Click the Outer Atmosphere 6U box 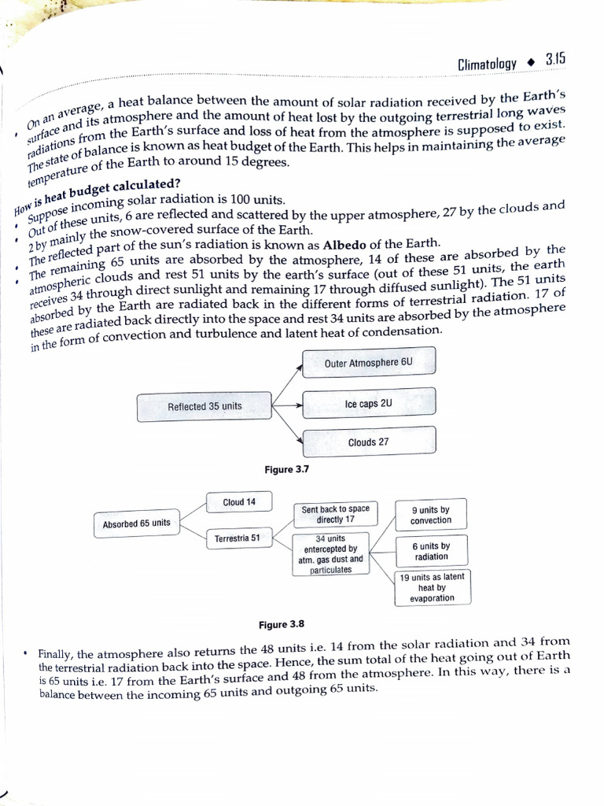pyautogui.click(x=368, y=363)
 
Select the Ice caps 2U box pyautogui.click(x=368, y=404)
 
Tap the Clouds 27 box pyautogui.click(x=368, y=442)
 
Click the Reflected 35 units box pyautogui.click(x=204, y=407)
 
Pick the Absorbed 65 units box pyautogui.click(x=137, y=524)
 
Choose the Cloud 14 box pyautogui.click(x=239, y=502)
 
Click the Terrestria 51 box pyautogui.click(x=238, y=539)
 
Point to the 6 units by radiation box pyautogui.click(x=431, y=551)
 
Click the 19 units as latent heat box pyautogui.click(x=432, y=587)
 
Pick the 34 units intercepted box pyautogui.click(x=330, y=554)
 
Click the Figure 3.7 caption pyautogui.click(x=287, y=470)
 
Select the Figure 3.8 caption pyautogui.click(x=282, y=625)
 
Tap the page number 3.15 pyautogui.click(x=554, y=60)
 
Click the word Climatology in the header pyautogui.click(x=488, y=63)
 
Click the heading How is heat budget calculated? pyautogui.click(x=98, y=195)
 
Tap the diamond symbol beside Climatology pyautogui.click(x=530, y=61)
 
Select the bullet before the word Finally pyautogui.click(x=27, y=653)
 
